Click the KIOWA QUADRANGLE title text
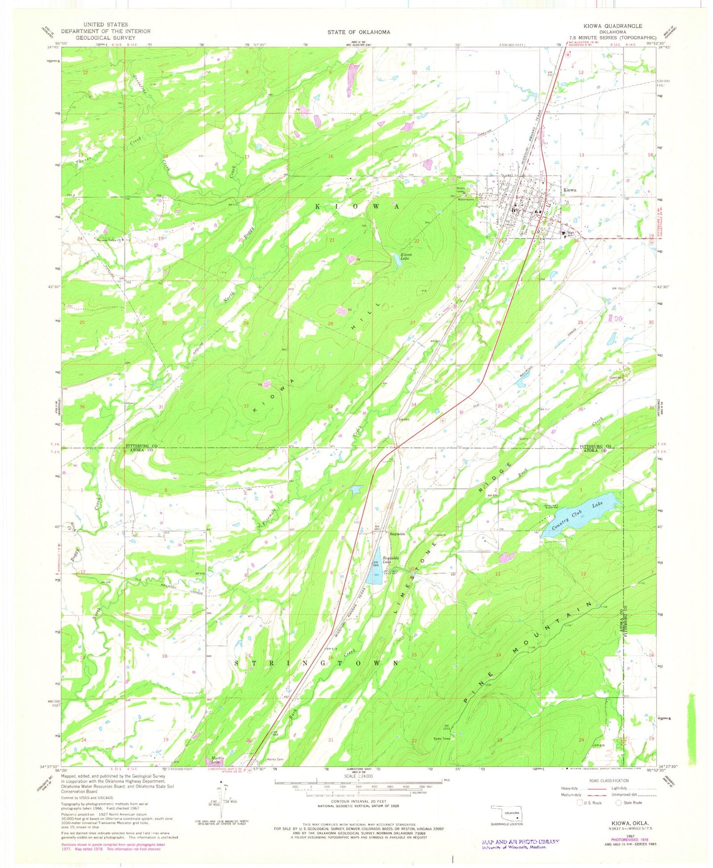[x=619, y=26]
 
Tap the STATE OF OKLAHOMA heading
[x=358, y=32]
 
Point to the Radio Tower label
[x=442, y=738]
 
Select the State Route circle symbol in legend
[x=619, y=802]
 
